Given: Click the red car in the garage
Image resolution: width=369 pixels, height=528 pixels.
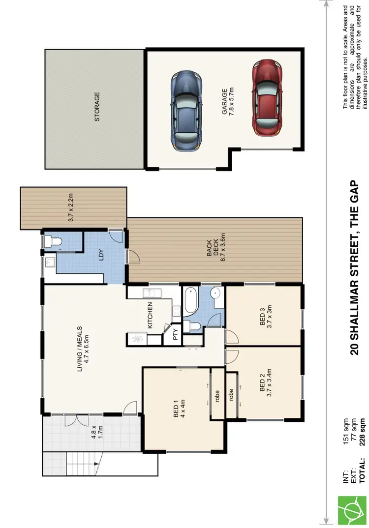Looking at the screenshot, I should pyautogui.click(x=265, y=98).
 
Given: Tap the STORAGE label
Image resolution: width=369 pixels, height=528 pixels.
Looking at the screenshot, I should pyautogui.click(x=97, y=107).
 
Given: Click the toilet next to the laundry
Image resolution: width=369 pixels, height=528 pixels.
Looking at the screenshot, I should pyautogui.click(x=51, y=241).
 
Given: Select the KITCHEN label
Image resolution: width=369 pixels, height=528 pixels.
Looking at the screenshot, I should pyautogui.click(x=151, y=315).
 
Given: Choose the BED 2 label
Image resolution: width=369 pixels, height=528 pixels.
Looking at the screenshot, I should pyautogui.click(x=265, y=383).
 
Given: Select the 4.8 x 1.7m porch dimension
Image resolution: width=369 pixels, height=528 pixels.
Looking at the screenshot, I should pyautogui.click(x=96, y=431).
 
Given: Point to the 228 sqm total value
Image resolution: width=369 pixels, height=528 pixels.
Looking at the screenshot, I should pyautogui.click(x=363, y=431).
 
